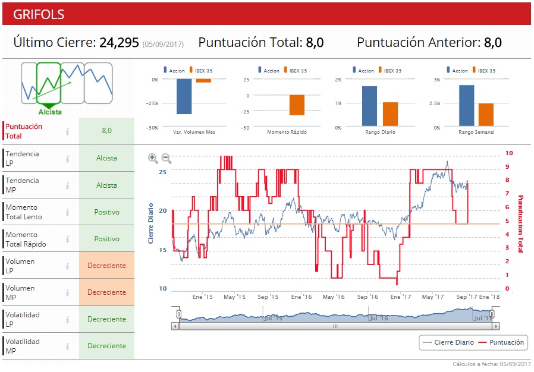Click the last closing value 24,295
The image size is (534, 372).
click(119, 43)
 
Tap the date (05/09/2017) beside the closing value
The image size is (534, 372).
click(163, 45)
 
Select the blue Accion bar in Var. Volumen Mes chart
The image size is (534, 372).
click(184, 96)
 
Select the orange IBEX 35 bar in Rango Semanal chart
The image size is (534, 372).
click(486, 115)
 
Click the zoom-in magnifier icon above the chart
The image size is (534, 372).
click(153, 158)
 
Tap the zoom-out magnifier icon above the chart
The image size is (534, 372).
click(167, 158)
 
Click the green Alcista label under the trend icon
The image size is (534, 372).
click(50, 112)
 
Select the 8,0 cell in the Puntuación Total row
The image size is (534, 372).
click(106, 131)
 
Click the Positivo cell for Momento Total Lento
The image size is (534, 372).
click(106, 212)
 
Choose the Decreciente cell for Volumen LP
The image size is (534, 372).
click(106, 266)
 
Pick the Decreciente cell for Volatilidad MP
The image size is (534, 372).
click(106, 346)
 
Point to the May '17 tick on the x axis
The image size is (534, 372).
click(433, 297)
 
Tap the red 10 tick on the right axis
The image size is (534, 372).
click(509, 153)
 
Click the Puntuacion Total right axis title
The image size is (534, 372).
click(520, 223)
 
